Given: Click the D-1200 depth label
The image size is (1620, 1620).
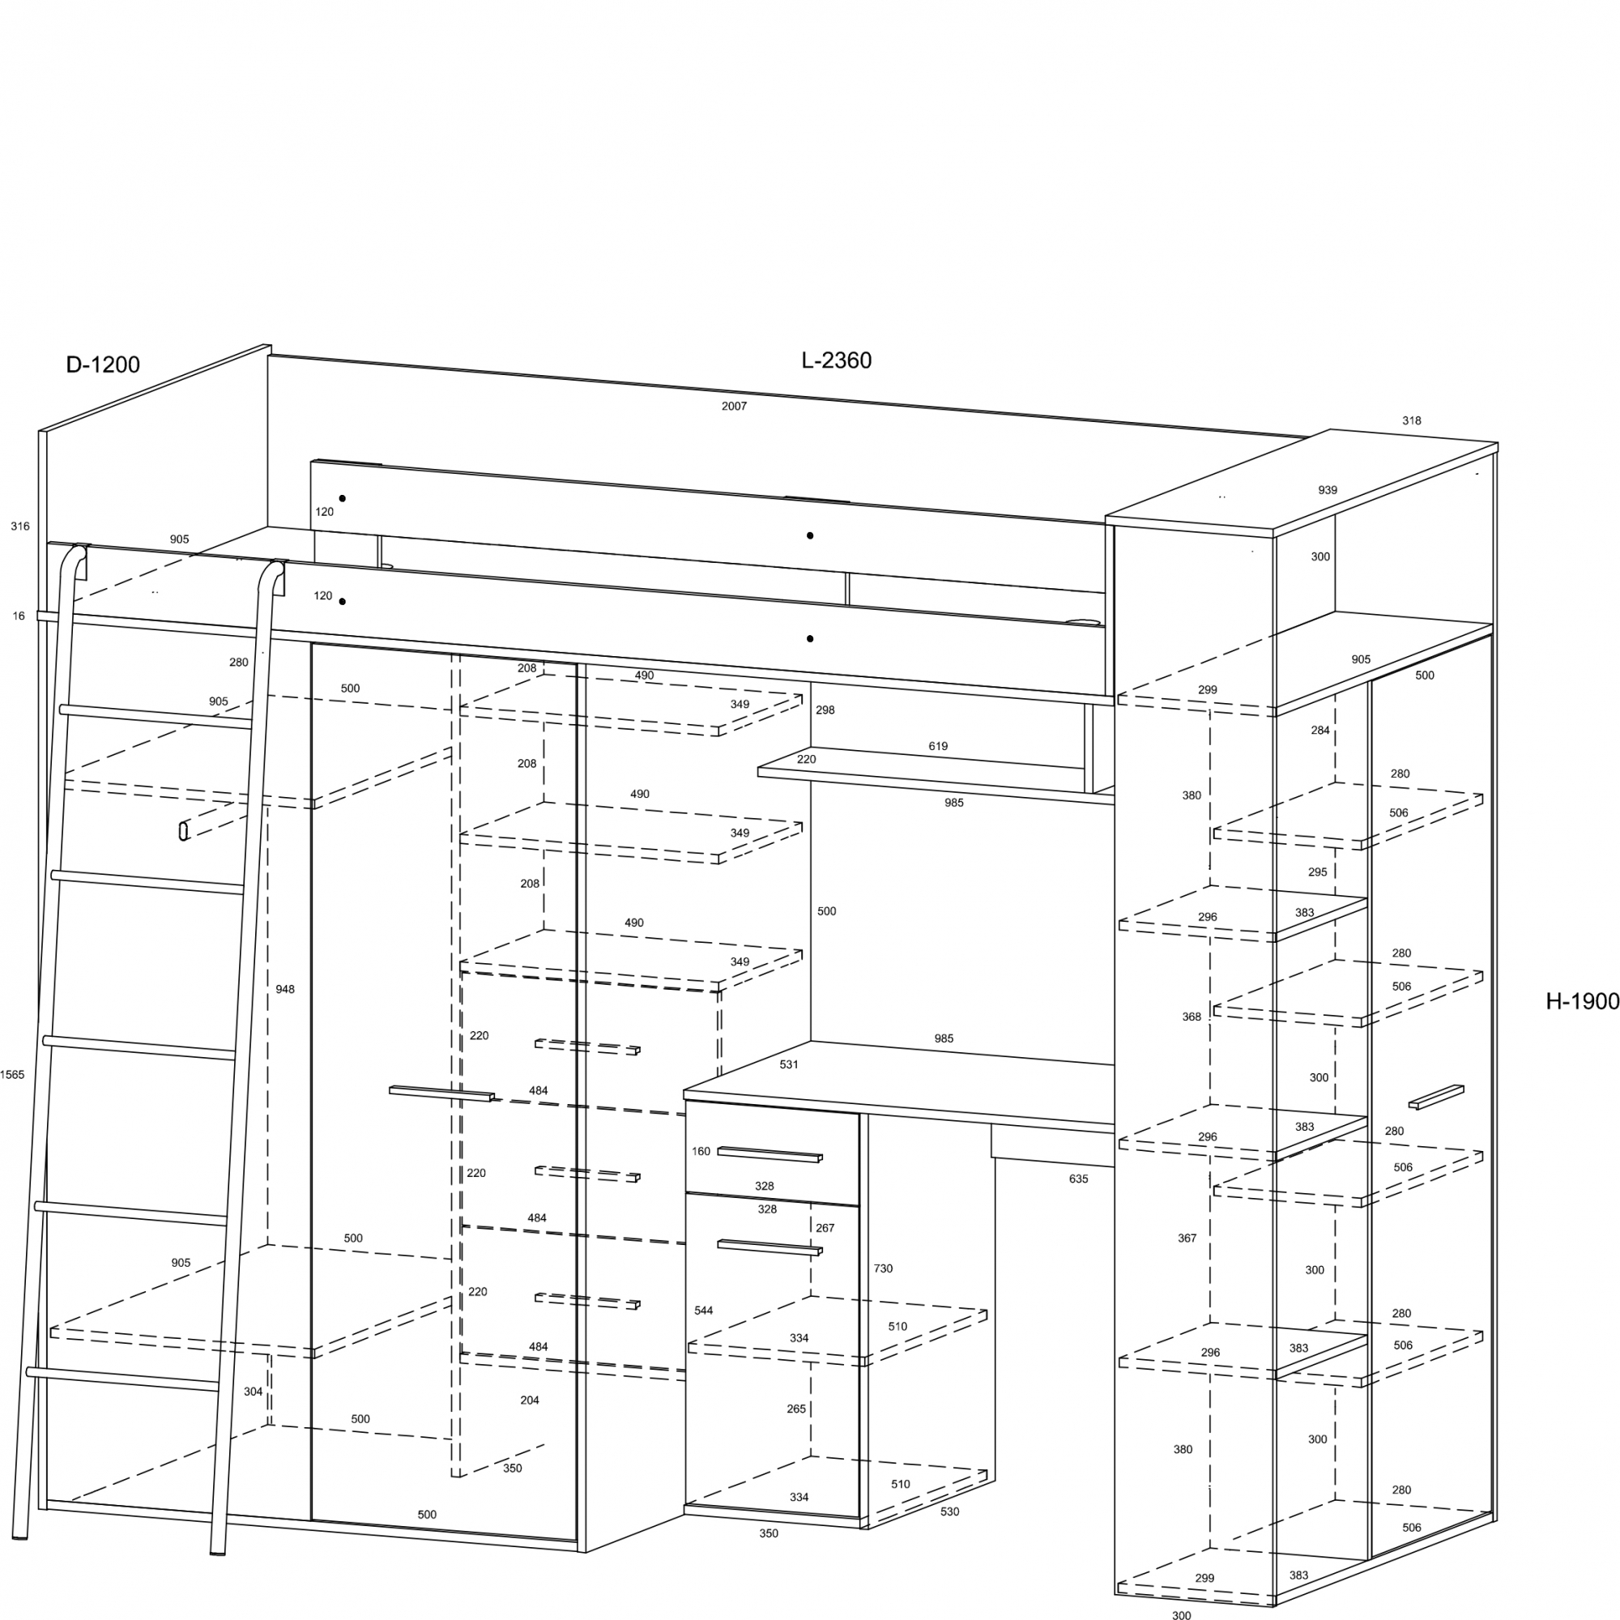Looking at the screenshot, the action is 102,364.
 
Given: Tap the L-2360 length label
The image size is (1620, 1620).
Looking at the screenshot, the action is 836,360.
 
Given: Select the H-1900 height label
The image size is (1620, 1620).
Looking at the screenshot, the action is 1582,1001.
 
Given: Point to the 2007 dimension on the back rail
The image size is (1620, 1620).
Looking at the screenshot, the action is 734,407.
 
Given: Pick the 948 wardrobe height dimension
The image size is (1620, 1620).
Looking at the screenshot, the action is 285,990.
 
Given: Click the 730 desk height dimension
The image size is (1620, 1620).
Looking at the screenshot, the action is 883,1268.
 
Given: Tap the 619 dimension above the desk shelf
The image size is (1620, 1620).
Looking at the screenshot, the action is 937,746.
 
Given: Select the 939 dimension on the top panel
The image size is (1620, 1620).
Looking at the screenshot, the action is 1328,491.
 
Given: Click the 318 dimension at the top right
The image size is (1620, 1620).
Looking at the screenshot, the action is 1411,421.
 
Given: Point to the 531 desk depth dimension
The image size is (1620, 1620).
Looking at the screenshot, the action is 789,1065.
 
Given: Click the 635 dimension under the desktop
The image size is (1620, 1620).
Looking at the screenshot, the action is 1078,1179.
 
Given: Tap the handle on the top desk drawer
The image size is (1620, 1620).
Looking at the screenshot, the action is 769,1154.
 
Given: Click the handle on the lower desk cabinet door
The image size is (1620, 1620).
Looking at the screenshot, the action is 769,1247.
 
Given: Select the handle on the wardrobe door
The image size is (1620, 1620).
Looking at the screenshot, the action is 442,1093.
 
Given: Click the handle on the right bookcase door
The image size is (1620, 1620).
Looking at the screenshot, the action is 1436,1097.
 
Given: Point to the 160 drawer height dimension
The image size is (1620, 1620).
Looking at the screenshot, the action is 701,1151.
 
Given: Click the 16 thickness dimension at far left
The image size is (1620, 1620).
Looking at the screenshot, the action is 19,616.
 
